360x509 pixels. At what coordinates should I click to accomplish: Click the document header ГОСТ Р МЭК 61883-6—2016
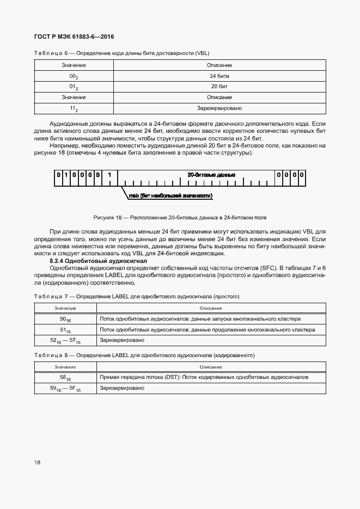point(74,37)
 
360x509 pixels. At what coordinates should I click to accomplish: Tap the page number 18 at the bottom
point(37,463)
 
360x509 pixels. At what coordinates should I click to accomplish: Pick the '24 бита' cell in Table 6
point(219,76)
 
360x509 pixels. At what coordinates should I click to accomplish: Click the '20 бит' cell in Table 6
point(219,87)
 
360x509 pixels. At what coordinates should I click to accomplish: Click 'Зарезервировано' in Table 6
point(219,108)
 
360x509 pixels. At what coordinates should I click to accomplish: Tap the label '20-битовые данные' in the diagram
point(211,175)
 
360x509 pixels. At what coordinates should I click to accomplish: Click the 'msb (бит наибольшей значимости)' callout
point(170,195)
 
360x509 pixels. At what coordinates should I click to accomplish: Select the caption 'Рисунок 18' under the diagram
point(180,217)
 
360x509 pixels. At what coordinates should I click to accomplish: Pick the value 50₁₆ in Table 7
point(65,319)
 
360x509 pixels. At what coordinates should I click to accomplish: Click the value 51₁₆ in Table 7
point(65,330)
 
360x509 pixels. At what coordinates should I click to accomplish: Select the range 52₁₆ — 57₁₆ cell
point(65,340)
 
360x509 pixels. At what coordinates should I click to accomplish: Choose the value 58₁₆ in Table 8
point(65,377)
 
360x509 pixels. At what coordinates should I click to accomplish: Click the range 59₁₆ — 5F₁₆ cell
point(65,388)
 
